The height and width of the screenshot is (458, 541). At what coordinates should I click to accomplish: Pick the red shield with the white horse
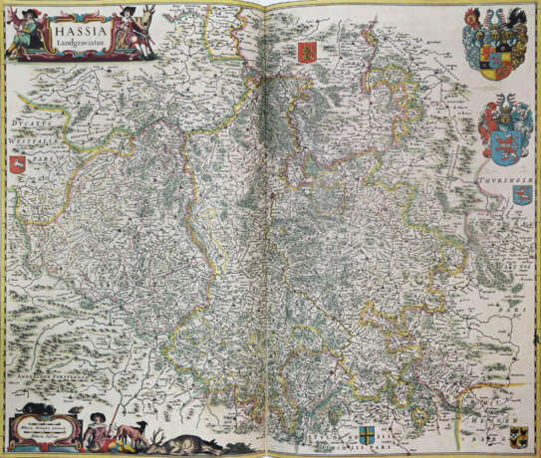pos(19,153)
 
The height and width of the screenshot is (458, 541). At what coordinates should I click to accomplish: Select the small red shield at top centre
pos(304,53)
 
